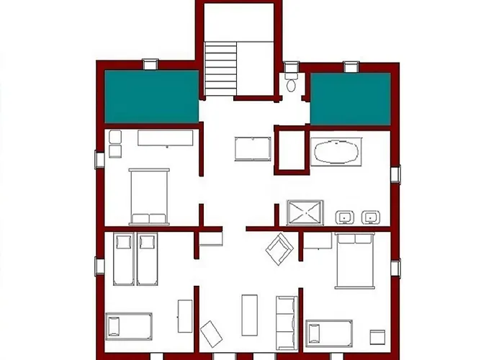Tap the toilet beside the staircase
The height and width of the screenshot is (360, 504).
pyautogui.click(x=292, y=81)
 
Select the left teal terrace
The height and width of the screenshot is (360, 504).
pyautogui.click(x=152, y=97)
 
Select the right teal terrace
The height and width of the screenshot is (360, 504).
pyautogui.click(x=350, y=99)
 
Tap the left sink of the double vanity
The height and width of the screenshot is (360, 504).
pyautogui.click(x=345, y=216)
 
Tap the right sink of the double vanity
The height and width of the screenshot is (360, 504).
pyautogui.click(x=372, y=216)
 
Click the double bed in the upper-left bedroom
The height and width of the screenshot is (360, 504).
pyautogui.click(x=149, y=196)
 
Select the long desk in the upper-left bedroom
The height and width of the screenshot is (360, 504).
pyautogui.click(x=166, y=139)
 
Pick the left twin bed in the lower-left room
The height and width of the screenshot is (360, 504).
pyautogui.click(x=123, y=259)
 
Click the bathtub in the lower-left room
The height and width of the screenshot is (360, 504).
pyautogui.click(x=130, y=325)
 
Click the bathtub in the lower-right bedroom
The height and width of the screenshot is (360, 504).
pyautogui.click(x=329, y=333)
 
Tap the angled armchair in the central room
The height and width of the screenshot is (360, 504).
pyautogui.click(x=279, y=249)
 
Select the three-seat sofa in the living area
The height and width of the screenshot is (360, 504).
pyautogui.click(x=286, y=318)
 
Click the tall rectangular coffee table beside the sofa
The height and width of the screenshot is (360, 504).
pyautogui.click(x=249, y=314)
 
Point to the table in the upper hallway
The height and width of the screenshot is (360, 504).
pyautogui.click(x=251, y=148)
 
